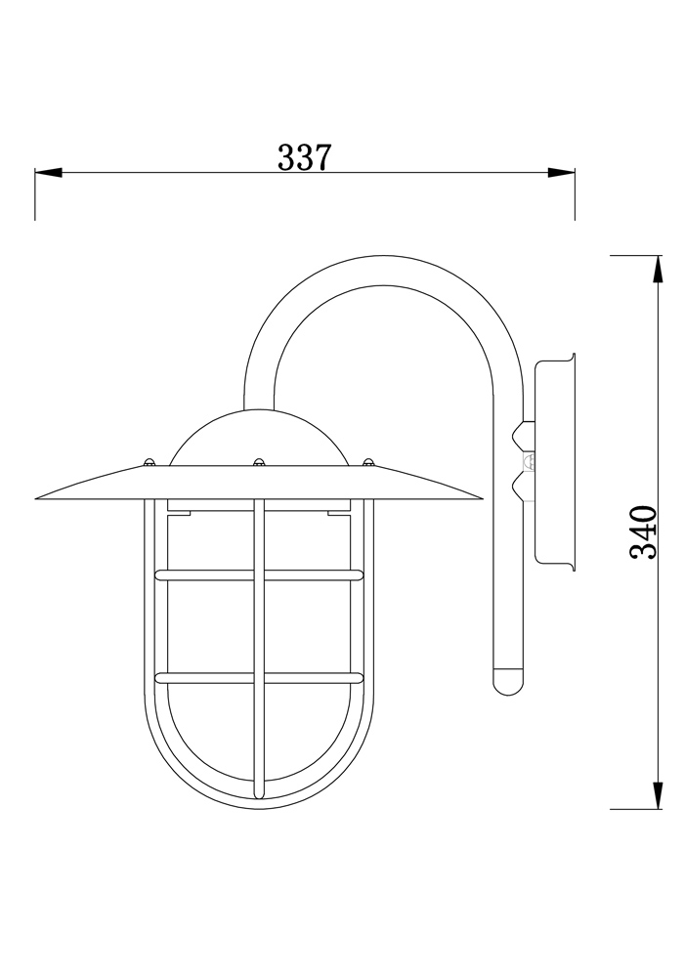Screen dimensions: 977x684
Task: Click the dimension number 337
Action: [x=305, y=156]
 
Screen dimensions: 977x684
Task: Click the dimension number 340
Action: [x=643, y=532]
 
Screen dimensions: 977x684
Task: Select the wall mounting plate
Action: [x=555, y=460]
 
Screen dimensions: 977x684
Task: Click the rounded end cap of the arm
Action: [x=508, y=680]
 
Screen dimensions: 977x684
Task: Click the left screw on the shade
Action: [x=149, y=462]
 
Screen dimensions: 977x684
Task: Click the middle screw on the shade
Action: [x=259, y=462]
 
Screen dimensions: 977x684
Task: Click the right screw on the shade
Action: [x=368, y=462]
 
